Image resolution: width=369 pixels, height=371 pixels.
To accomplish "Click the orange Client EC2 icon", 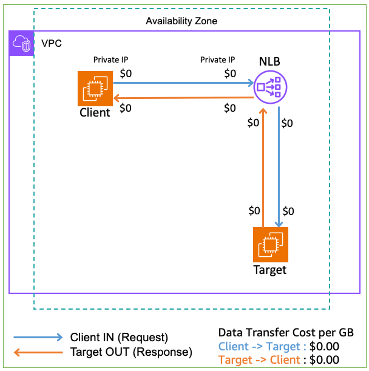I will (95, 89).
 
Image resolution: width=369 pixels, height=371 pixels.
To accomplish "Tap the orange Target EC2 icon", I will (271, 244).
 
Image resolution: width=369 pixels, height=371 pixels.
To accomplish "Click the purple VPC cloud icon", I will (21, 43).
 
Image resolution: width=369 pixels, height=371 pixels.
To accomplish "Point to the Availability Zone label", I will (181, 21).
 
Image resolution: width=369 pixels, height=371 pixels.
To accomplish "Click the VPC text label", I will (52, 44).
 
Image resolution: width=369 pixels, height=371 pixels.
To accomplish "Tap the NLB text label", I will (269, 62).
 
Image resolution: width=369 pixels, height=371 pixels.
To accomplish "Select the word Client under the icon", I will (95, 113).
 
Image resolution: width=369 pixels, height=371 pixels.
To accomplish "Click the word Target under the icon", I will (270, 270).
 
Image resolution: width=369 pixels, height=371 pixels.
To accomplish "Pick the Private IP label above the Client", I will (111, 60).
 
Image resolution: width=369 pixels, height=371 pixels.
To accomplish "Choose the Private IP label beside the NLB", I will (218, 60).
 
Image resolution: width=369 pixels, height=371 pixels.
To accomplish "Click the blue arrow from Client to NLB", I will (183, 83).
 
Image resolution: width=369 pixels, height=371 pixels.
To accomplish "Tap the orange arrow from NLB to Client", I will (183, 98).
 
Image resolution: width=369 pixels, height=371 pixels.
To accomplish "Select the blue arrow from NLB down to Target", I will (279, 167).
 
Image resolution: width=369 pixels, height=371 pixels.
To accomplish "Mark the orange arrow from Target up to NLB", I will (263, 167).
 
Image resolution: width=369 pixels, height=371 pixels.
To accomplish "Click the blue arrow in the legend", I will (38, 337).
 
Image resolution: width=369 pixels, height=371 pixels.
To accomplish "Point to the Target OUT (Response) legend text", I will (131, 352).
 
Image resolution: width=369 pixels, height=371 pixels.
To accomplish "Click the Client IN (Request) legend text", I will (119, 337).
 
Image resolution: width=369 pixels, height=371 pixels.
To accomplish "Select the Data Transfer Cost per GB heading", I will (286, 332).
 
